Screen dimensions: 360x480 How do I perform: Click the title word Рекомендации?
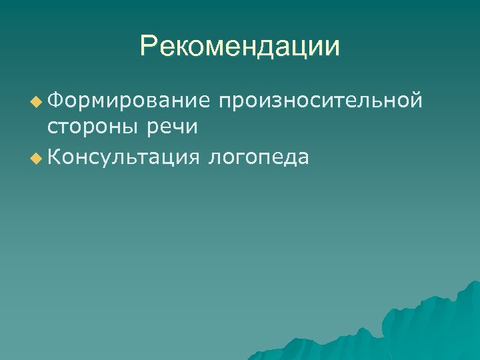tap(240, 47)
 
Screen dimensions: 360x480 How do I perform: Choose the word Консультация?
tap(124, 157)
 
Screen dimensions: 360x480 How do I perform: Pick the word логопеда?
tap(259, 157)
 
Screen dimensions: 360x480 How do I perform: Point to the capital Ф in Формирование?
tap(55, 101)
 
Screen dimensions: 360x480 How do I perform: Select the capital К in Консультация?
tap(55, 157)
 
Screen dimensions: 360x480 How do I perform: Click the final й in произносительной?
tap(416, 101)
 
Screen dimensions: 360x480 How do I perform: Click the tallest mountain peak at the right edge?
tap(475, 284)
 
